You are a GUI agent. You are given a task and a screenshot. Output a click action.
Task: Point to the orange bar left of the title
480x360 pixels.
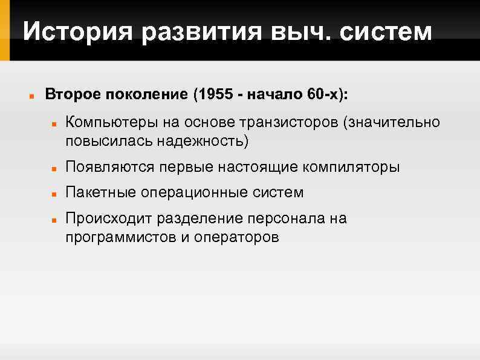(x=5, y=30)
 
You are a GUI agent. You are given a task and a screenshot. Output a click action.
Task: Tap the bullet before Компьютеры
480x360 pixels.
(x=54, y=123)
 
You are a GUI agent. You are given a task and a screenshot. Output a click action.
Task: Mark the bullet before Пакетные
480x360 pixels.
(x=54, y=193)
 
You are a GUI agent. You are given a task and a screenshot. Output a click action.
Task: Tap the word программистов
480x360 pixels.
(x=120, y=237)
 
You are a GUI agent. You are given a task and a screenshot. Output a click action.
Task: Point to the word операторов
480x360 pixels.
(x=237, y=237)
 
